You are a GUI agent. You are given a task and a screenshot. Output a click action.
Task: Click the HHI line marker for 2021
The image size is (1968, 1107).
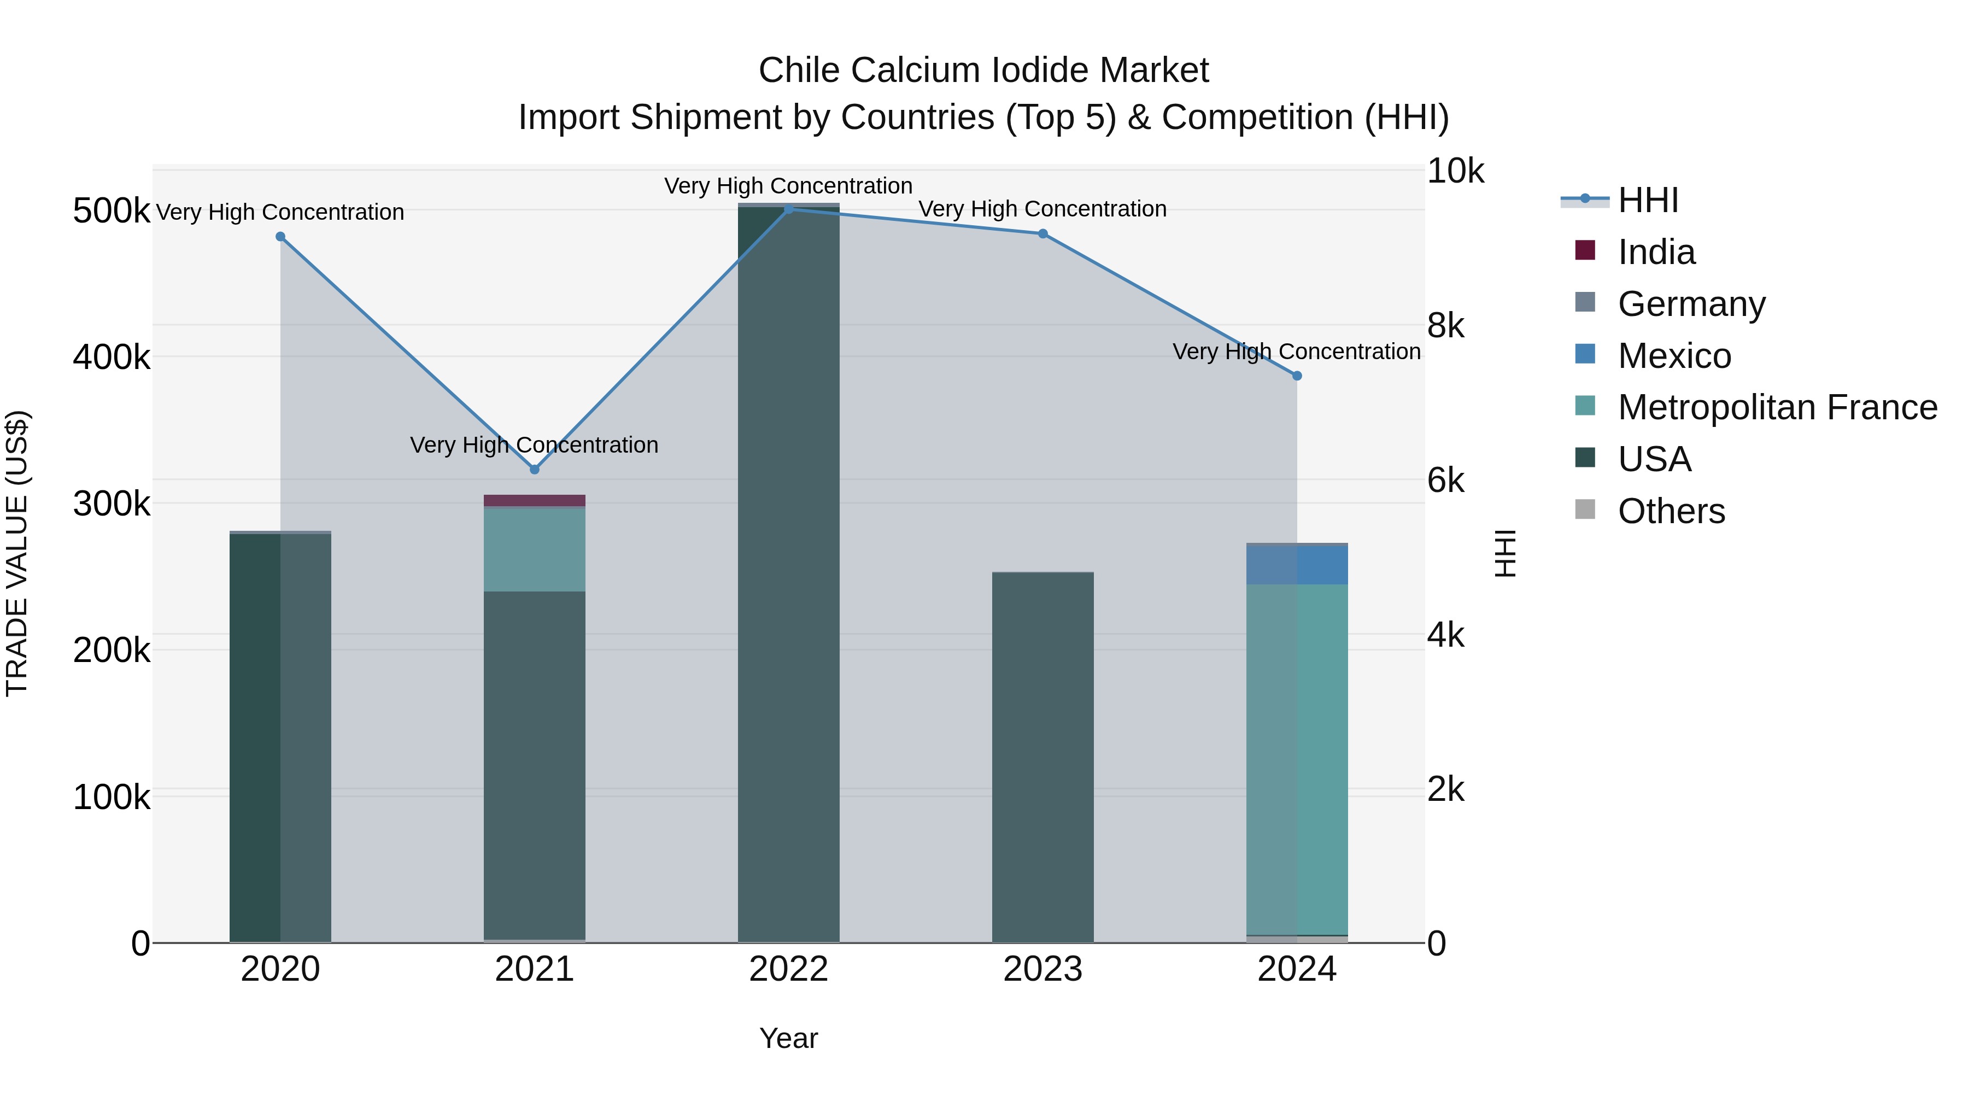534,469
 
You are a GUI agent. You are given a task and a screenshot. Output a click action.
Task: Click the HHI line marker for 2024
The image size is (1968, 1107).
1297,376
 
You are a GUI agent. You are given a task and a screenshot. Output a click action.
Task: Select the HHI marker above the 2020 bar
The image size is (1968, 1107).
280,237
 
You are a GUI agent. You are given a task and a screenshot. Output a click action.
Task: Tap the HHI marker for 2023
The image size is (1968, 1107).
1043,234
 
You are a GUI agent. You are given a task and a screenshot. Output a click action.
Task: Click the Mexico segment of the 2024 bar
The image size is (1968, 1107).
1297,565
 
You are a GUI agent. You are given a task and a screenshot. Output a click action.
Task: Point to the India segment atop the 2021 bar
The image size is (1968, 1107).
534,500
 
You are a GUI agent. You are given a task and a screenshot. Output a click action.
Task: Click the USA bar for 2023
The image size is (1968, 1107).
1043,757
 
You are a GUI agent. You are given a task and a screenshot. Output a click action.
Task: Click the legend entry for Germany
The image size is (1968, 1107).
1691,303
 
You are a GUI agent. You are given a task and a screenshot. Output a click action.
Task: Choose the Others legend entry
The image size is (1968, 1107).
1671,511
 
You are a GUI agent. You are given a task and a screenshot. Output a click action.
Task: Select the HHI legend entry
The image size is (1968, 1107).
1647,200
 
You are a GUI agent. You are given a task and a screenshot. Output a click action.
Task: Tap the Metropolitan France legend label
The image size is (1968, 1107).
1777,407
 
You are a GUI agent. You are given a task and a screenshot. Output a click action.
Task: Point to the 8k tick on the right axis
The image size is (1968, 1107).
1445,326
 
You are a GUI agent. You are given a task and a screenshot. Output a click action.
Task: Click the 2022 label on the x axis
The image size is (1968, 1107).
788,969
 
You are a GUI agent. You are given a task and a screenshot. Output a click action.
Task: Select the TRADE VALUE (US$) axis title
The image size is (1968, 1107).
17,553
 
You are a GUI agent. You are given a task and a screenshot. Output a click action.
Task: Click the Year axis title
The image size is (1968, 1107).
788,1038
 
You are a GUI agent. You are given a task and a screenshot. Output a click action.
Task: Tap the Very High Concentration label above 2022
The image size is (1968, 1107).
788,186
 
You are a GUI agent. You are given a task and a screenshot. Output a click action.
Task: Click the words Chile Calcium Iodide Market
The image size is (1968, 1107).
983,71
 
